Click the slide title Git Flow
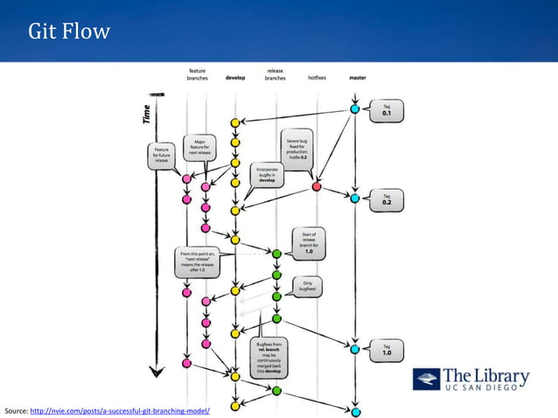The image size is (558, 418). point(69,32)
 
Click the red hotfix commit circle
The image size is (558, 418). point(317,186)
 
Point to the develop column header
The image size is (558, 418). point(235,77)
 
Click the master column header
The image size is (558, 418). point(357,77)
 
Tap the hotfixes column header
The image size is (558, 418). point(317,77)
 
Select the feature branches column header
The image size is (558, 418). point(197,73)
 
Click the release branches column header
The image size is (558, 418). point(275,73)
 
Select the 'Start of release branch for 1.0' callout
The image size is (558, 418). point(310,240)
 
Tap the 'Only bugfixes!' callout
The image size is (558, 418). point(307,285)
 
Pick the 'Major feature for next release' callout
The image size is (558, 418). point(199,147)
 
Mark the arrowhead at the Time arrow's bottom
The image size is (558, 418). point(156,370)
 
